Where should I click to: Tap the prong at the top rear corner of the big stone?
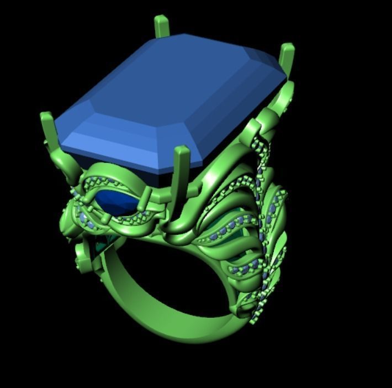click(x=161, y=27)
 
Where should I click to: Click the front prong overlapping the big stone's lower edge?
click(x=181, y=166)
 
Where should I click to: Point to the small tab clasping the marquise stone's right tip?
click(x=147, y=196)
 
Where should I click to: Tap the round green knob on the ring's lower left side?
click(x=82, y=255)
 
